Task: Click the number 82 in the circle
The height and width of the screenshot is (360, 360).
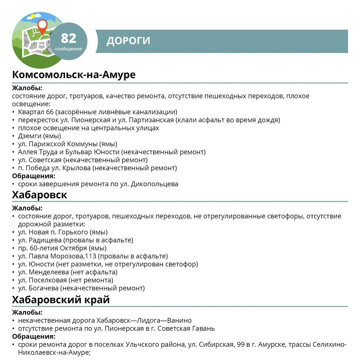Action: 68,38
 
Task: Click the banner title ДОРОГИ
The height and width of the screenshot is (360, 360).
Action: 128,41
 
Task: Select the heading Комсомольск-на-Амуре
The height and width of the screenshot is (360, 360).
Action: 74,75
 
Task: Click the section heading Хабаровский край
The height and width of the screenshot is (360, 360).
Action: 61,300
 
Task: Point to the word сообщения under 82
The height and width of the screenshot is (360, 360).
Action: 68,49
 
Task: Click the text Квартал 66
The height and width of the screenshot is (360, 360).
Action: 36,112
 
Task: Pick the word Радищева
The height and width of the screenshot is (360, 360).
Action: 45,240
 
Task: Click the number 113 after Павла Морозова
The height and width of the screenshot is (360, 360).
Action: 91,256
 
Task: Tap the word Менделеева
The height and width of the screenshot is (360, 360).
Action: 49,272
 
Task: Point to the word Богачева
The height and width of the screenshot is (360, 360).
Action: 43,288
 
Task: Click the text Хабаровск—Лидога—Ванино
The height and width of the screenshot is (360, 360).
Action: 144,321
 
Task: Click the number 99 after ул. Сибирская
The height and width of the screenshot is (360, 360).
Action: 241,345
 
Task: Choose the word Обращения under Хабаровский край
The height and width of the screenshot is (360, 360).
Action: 33,337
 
